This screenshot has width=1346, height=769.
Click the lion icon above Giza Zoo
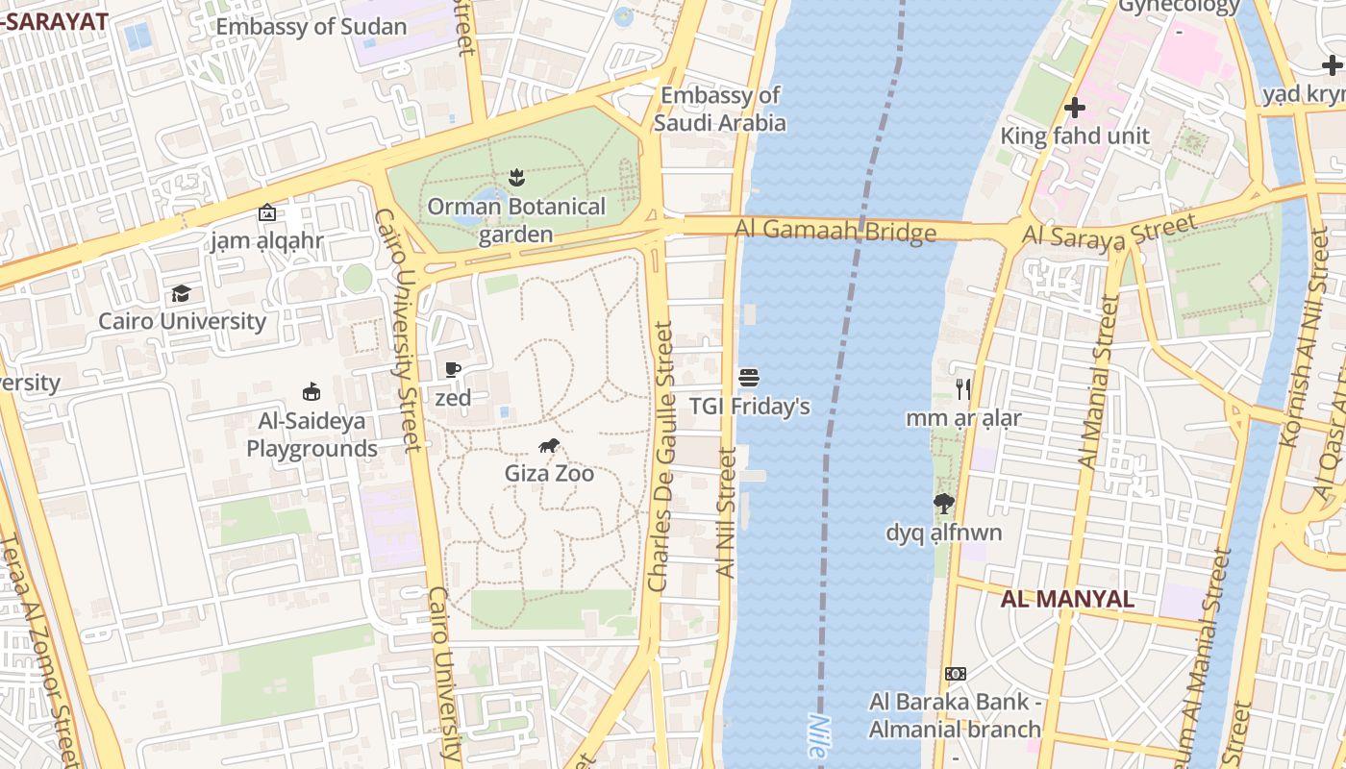coord(549,445)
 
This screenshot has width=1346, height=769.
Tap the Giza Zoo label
coord(549,473)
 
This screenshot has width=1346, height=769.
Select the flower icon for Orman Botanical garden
coord(516,177)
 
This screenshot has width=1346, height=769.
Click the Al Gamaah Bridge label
coord(835,231)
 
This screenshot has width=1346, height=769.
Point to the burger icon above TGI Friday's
coord(749,378)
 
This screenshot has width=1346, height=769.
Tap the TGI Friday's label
coord(749,407)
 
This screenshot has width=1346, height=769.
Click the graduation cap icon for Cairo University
coord(181,293)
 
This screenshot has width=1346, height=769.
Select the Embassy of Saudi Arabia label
coord(720,109)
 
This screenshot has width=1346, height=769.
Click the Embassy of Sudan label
coord(311,26)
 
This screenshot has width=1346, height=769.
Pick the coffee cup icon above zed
coord(453,369)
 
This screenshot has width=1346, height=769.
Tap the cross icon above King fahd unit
coord(1075,108)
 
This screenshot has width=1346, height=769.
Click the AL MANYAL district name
coord(1067,599)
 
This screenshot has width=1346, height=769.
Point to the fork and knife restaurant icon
coord(963,389)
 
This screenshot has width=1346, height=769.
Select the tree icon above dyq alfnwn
coord(944,503)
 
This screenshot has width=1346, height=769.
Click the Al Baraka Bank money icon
coord(955,674)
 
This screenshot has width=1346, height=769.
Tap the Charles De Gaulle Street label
coord(661,457)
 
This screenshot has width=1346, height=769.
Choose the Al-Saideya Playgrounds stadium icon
coord(312,391)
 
